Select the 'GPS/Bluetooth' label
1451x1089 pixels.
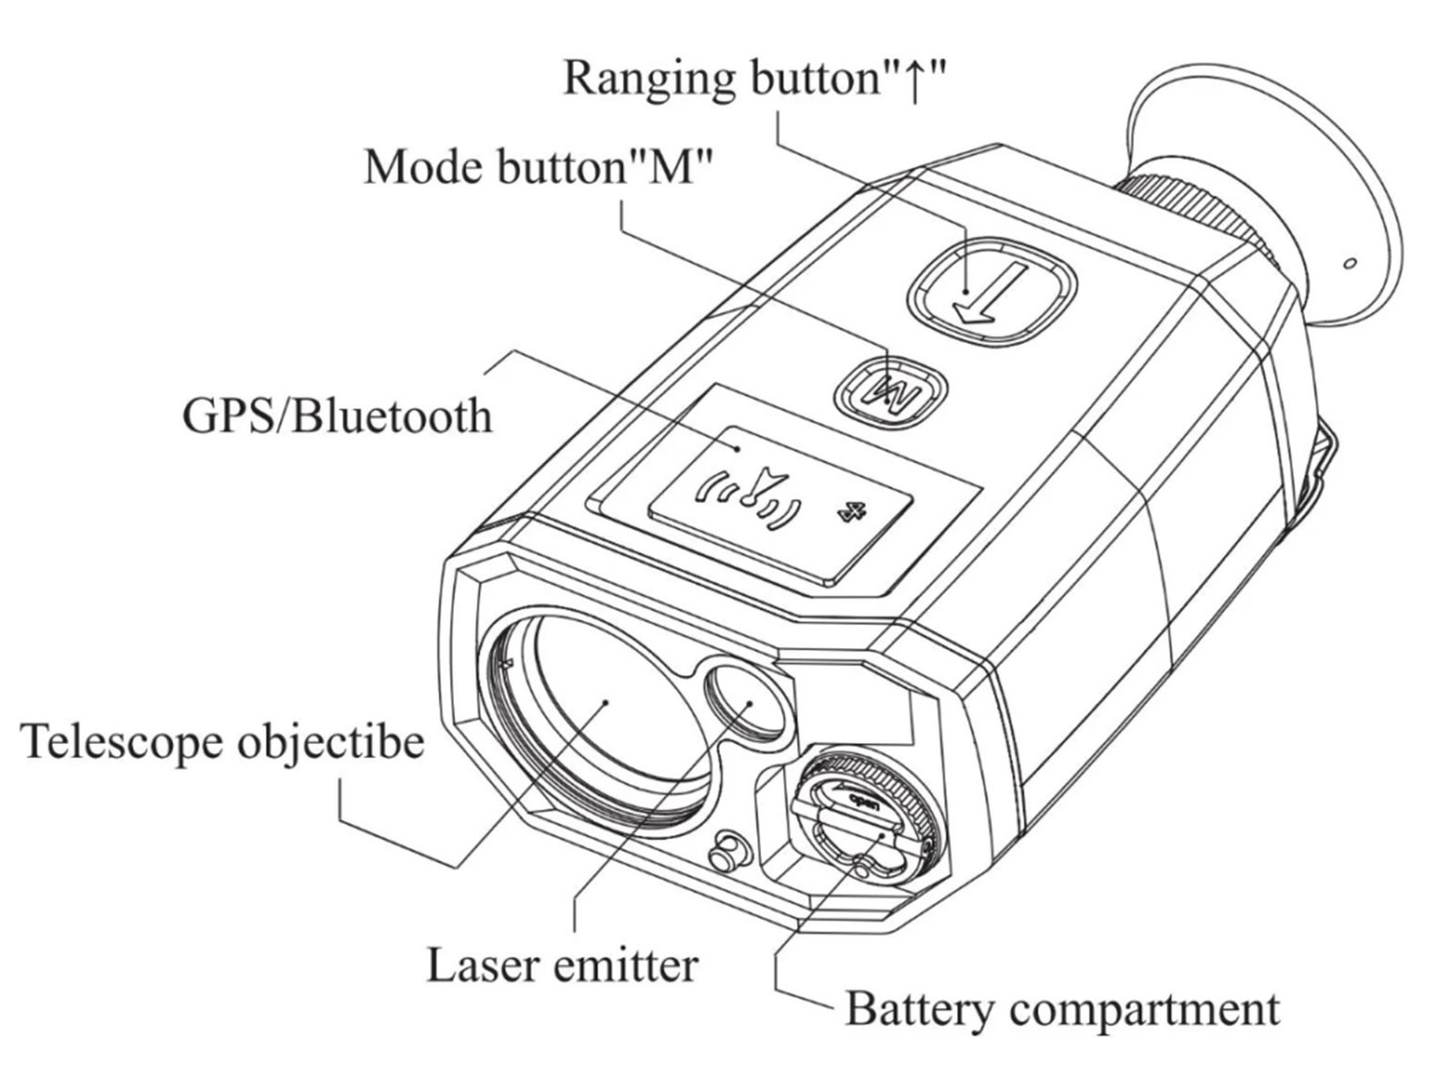[x=337, y=417]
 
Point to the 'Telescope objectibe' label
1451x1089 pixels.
[x=223, y=741]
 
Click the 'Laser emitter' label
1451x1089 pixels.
[x=562, y=966]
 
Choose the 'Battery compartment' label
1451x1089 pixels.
[x=1062, y=1008]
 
